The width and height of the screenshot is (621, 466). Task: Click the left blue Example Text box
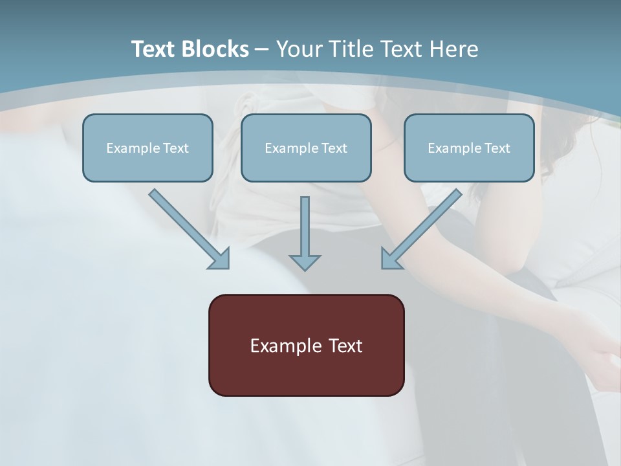point(147,148)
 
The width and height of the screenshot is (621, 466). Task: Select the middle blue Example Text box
point(306,148)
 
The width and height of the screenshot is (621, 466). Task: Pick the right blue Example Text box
point(469,148)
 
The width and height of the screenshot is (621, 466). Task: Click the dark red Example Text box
point(306,345)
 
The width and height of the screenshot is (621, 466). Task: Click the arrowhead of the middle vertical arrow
point(305,262)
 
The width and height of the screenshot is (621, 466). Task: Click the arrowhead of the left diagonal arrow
point(220,258)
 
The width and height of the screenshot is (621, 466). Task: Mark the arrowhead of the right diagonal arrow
point(391,258)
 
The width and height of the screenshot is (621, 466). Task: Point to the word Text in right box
point(497,148)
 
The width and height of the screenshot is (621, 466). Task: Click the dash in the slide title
point(262,49)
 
